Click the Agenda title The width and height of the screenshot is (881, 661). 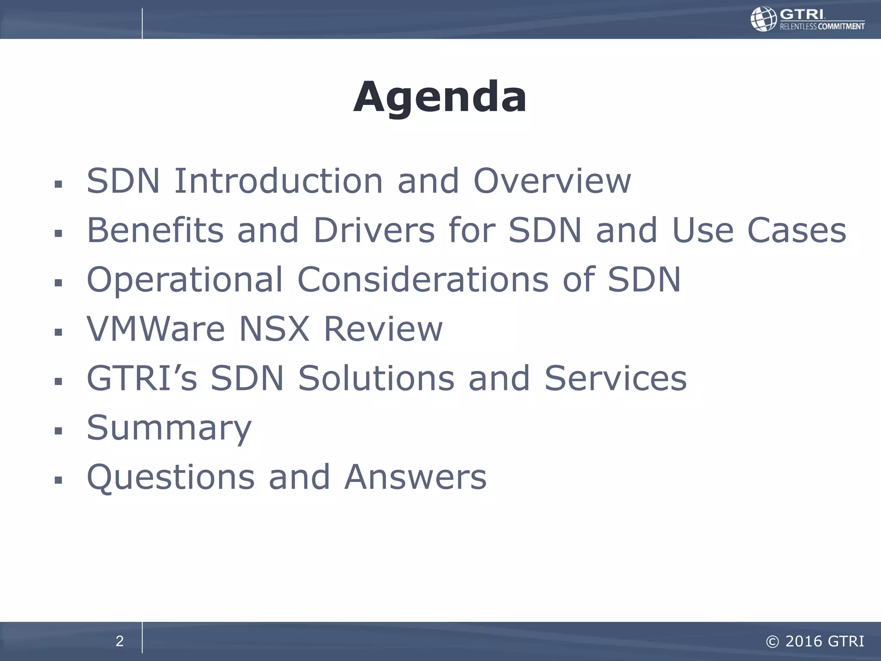tap(440, 97)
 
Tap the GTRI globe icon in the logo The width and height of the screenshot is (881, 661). tap(764, 19)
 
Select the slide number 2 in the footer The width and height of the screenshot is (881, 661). tap(120, 641)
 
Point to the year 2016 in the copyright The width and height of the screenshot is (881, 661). tap(803, 641)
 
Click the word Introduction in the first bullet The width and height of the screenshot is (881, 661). tap(278, 181)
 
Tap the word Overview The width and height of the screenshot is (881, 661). tap(552, 181)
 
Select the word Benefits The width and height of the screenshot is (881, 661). tap(155, 230)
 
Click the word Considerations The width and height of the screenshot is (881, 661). tap(423, 280)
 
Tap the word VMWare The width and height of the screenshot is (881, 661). tap(156, 329)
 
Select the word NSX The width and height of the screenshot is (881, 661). tap(274, 329)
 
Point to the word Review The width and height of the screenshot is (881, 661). tap(383, 329)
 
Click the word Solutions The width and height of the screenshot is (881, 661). tap(376, 378)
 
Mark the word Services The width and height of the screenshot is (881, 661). tap(615, 378)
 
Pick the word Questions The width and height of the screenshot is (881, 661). tap(171, 478)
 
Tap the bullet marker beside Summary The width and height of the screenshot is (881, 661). tap(59, 431)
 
